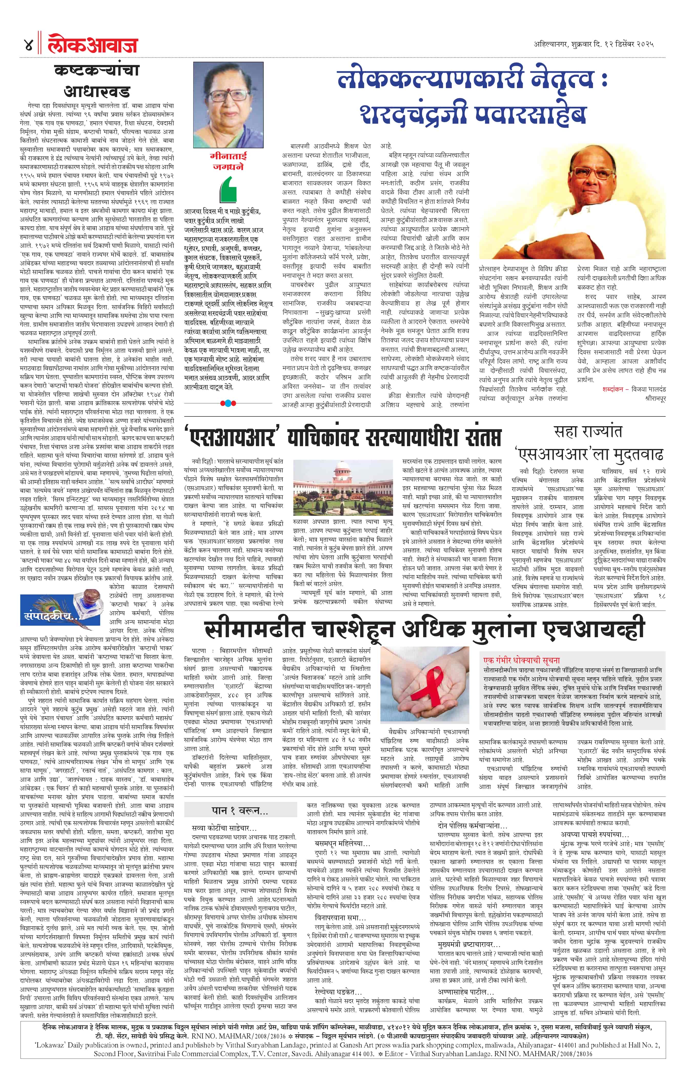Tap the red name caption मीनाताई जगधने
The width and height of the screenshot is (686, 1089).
pyautogui.click(x=229, y=161)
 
